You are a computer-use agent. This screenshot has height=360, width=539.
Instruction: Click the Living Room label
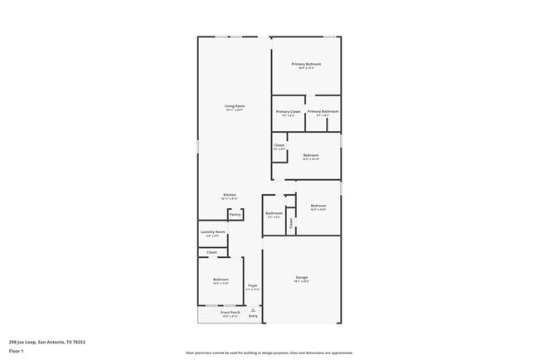pyautogui.click(x=234, y=105)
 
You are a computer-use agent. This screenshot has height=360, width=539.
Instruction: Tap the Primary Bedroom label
pyautogui.click(x=306, y=64)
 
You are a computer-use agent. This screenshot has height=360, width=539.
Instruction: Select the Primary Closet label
pyautogui.click(x=289, y=111)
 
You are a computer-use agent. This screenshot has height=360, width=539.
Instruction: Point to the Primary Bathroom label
pyautogui.click(x=323, y=111)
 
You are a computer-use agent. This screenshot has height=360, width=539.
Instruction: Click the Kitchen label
pyautogui.click(x=230, y=195)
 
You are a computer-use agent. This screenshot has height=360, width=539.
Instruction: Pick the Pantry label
pyautogui.click(x=236, y=215)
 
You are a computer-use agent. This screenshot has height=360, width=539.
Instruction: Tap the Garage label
pyautogui.click(x=302, y=277)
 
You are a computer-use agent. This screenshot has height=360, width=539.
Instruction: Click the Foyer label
pyautogui.click(x=253, y=285)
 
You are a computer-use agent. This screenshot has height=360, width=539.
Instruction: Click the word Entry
pyautogui.click(x=253, y=317)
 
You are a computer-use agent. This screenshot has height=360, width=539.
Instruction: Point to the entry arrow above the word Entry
pyautogui.click(x=253, y=310)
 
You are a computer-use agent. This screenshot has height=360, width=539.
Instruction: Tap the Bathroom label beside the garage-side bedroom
pyautogui.click(x=274, y=213)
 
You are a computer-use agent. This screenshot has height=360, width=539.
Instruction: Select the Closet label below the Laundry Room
pyautogui.click(x=212, y=252)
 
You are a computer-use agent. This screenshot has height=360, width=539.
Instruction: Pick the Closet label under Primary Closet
pyautogui.click(x=279, y=145)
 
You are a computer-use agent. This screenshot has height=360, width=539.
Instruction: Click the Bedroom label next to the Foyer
pyautogui.click(x=221, y=280)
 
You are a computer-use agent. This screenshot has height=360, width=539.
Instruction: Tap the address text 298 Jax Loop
pyautogui.click(x=47, y=341)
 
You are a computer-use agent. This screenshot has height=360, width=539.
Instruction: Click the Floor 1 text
pyautogui.click(x=16, y=351)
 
